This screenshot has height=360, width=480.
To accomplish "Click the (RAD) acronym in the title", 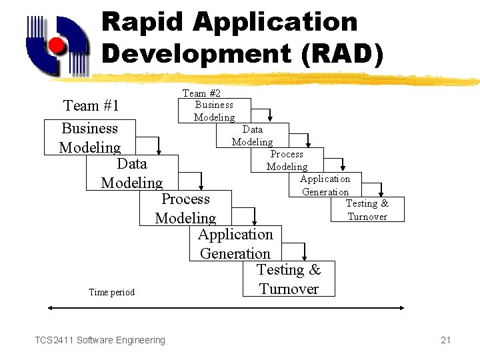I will click(x=342, y=53).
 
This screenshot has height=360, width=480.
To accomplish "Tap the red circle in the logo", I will click(x=57, y=45).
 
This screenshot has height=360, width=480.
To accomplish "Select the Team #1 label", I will click(x=91, y=105).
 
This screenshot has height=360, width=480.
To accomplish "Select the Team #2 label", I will click(x=202, y=93).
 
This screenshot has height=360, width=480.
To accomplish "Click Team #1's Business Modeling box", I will click(x=90, y=138).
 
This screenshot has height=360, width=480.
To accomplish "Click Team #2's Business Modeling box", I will click(x=214, y=111).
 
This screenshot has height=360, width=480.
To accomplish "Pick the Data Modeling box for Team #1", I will click(x=131, y=173).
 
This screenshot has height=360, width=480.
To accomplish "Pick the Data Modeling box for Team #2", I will click(x=252, y=135).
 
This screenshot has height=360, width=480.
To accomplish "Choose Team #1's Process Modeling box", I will click(x=185, y=208).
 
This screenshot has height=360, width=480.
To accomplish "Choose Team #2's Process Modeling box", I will click(x=287, y=160).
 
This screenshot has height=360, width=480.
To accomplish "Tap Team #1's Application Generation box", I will click(x=235, y=243).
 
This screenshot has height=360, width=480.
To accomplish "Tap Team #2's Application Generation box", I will click(x=325, y=185).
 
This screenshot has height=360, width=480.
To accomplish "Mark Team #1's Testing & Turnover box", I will click(x=289, y=279).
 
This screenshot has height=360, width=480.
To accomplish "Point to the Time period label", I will click(x=112, y=292).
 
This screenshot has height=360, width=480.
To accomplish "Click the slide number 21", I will click(x=446, y=340).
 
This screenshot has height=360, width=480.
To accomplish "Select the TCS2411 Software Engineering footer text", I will click(x=100, y=340).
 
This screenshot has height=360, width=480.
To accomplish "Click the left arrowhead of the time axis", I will click(x=51, y=307).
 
